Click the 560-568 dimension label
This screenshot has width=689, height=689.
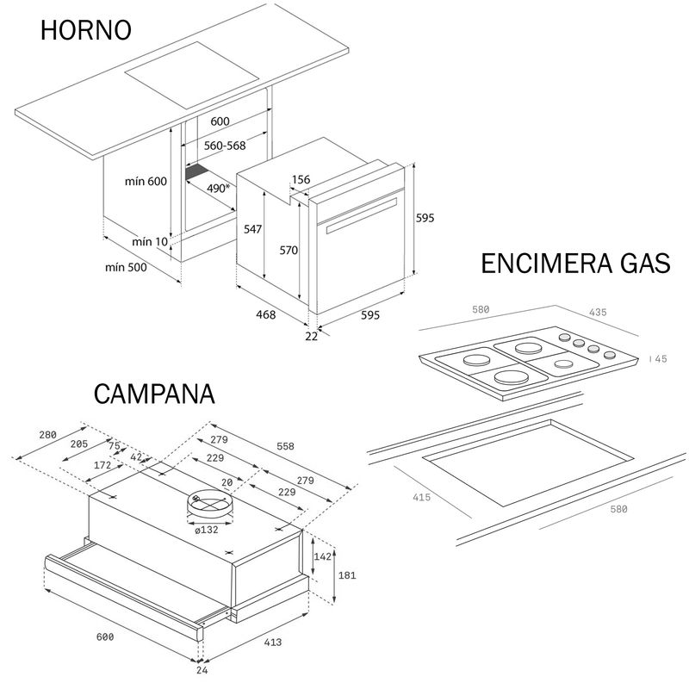[225, 146]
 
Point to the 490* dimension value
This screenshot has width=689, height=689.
[218, 187]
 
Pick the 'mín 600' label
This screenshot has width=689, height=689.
[145, 181]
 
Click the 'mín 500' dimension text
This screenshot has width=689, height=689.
[126, 267]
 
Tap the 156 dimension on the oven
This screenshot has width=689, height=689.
[301, 180]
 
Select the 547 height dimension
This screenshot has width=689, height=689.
[251, 229]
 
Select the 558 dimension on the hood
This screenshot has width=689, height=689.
[284, 446]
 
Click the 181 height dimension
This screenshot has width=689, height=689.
[345, 574]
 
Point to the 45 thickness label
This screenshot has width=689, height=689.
[661, 359]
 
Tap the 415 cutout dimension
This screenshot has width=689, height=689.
[421, 497]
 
